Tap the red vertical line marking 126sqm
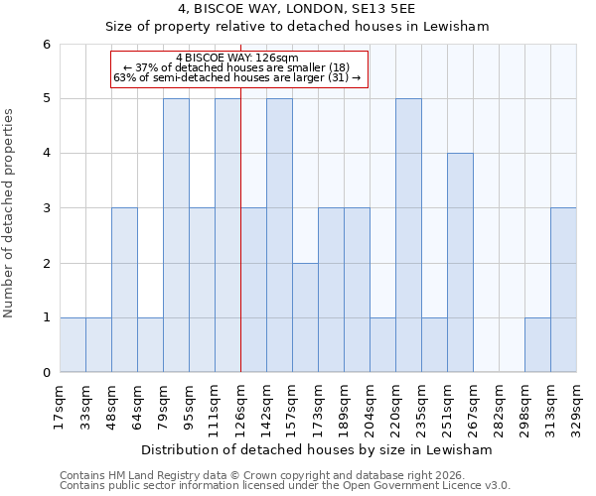pyautogui.click(x=240, y=248)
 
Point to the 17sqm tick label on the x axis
pyautogui.click(x=61, y=405)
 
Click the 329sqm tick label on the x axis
pyautogui.click(x=577, y=407)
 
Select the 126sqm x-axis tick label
pyautogui.click(x=241, y=407)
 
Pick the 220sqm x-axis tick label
pyautogui.click(x=396, y=407)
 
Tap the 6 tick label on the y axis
pyautogui.click(x=46, y=45)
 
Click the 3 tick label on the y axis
pyautogui.click(x=46, y=208)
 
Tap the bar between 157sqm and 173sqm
pyautogui.click(x=305, y=317)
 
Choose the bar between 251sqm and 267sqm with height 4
pyautogui.click(x=460, y=263)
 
